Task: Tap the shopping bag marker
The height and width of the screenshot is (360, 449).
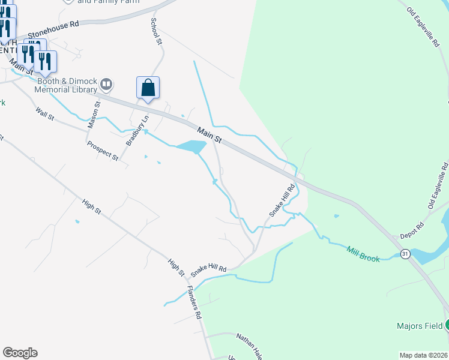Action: click(x=148, y=89)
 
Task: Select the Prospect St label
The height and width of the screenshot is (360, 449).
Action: click(x=103, y=151)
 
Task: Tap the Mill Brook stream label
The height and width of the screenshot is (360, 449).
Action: click(x=363, y=253)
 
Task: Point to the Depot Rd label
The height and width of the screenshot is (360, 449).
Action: click(x=412, y=231)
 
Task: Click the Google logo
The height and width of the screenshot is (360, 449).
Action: click(x=20, y=353)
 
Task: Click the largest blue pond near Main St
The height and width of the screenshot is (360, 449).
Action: click(x=191, y=146)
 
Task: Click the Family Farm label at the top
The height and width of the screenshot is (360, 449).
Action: click(x=109, y=2)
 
